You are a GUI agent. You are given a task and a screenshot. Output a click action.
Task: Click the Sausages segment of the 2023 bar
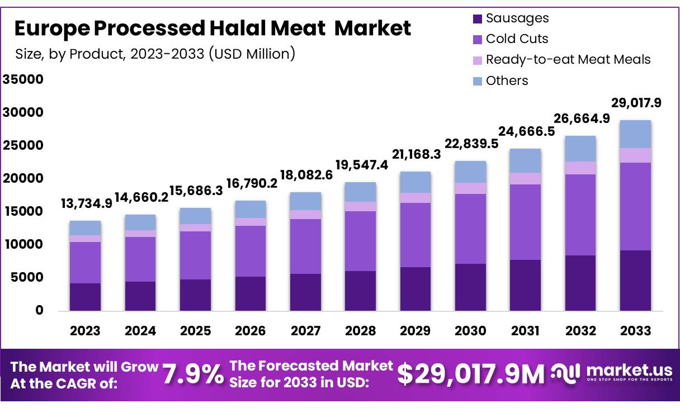click(85, 297)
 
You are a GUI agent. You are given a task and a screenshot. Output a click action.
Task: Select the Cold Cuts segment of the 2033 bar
click(635, 206)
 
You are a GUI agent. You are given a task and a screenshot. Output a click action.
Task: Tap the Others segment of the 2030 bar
click(470, 172)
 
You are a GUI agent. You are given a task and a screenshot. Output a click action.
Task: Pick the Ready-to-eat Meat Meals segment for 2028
click(360, 206)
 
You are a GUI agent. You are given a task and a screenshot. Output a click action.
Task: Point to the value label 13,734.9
click(87, 203)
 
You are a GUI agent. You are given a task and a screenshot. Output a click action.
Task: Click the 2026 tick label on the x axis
click(250, 331)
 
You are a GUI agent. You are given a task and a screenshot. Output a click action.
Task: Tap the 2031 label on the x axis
click(525, 331)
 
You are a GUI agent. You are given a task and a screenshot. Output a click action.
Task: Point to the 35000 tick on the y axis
click(23, 79)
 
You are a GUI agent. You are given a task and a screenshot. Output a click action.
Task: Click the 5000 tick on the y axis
click(27, 277)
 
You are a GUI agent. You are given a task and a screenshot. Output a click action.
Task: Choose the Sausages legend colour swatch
click(477, 18)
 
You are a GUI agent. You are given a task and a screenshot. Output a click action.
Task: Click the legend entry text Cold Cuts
click(517, 39)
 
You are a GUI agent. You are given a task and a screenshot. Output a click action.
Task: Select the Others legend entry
click(507, 80)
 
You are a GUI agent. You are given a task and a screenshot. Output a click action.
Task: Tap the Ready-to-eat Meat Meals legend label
click(568, 59)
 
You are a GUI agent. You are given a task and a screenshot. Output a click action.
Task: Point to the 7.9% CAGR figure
click(193, 374)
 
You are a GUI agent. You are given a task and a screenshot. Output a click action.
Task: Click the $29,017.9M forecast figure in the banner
click(470, 374)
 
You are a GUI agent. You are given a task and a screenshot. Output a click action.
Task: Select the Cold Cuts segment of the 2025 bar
click(195, 255)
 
